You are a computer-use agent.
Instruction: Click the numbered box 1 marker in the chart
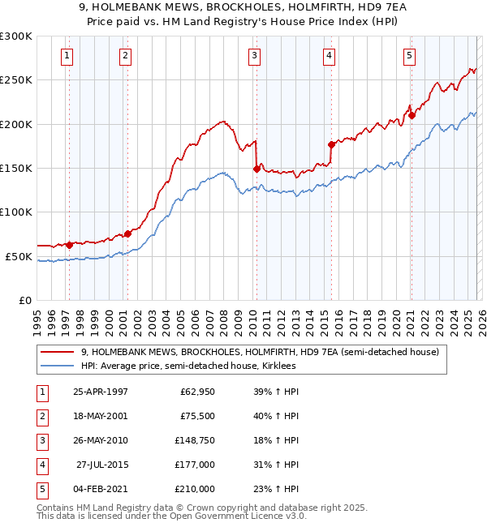pyautogui.click(x=66, y=56)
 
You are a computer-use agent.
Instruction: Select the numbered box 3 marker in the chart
pyautogui.click(x=254, y=56)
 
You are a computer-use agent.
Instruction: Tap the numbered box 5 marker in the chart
pyautogui.click(x=409, y=56)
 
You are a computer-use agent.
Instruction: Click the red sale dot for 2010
pyautogui.click(x=256, y=169)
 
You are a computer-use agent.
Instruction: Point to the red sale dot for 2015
pyautogui.click(x=331, y=144)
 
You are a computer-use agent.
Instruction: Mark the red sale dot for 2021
pyautogui.click(x=412, y=115)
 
